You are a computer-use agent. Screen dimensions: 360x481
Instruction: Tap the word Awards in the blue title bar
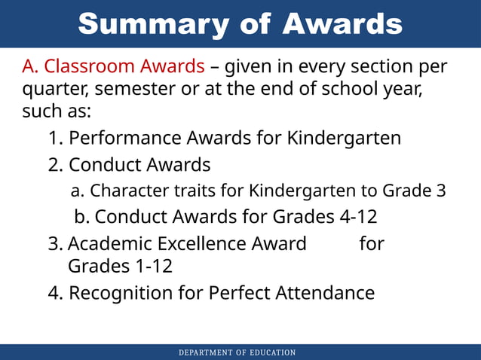tap(343, 24)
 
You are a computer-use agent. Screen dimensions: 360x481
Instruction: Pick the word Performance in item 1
tap(130, 139)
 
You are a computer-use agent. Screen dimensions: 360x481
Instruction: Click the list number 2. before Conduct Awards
tap(56, 164)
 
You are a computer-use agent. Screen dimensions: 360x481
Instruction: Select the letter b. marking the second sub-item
tap(82, 217)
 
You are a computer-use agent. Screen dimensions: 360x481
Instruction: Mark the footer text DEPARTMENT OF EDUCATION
tap(237, 352)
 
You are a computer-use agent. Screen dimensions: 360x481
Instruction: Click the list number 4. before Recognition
tap(56, 292)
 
